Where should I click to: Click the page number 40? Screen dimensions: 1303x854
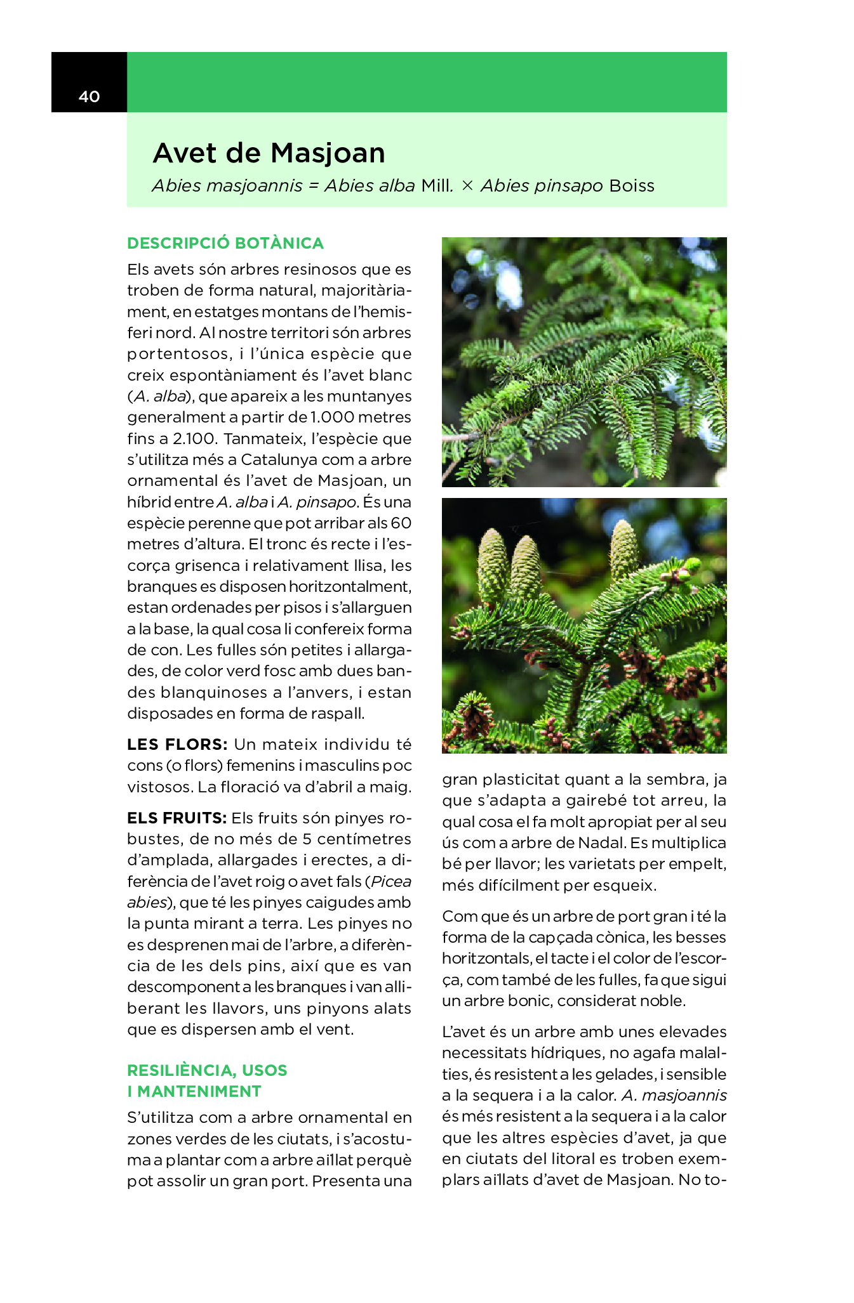coord(90,96)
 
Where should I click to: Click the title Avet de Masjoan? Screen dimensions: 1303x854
coord(269,153)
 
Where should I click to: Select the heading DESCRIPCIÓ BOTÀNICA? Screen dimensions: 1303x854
coord(225,243)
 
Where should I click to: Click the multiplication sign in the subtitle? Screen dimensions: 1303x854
coord(467,186)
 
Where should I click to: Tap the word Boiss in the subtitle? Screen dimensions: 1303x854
coord(632,186)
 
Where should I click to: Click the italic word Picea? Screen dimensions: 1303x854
coord(391,881)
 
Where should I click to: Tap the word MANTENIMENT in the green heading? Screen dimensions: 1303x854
coord(199,1091)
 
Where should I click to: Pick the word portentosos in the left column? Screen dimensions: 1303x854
coord(177,354)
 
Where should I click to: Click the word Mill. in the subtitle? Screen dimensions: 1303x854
coord(437,186)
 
